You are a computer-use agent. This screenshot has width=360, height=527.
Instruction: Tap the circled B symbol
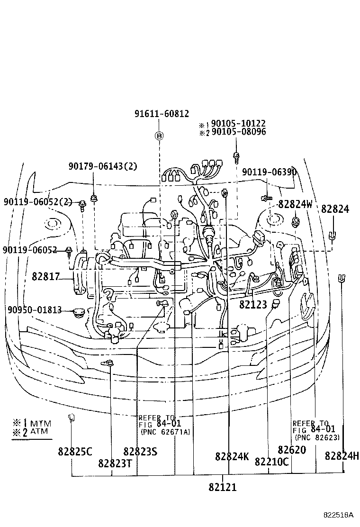(160, 136)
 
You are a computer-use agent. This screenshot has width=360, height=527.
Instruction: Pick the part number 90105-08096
(238, 132)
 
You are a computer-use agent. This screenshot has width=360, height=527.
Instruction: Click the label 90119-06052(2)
(37, 201)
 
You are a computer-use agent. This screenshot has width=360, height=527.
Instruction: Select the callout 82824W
(296, 204)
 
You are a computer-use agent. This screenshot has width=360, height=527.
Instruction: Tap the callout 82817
(45, 276)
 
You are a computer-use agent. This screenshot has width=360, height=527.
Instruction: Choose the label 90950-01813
(34, 310)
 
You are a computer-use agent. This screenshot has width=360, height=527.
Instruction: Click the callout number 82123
(253, 305)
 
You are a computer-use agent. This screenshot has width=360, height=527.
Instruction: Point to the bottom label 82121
(222, 487)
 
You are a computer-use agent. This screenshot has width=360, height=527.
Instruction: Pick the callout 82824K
(232, 456)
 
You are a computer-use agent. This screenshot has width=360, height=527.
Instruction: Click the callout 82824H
(342, 456)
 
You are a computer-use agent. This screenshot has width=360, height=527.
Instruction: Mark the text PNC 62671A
(164, 432)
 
